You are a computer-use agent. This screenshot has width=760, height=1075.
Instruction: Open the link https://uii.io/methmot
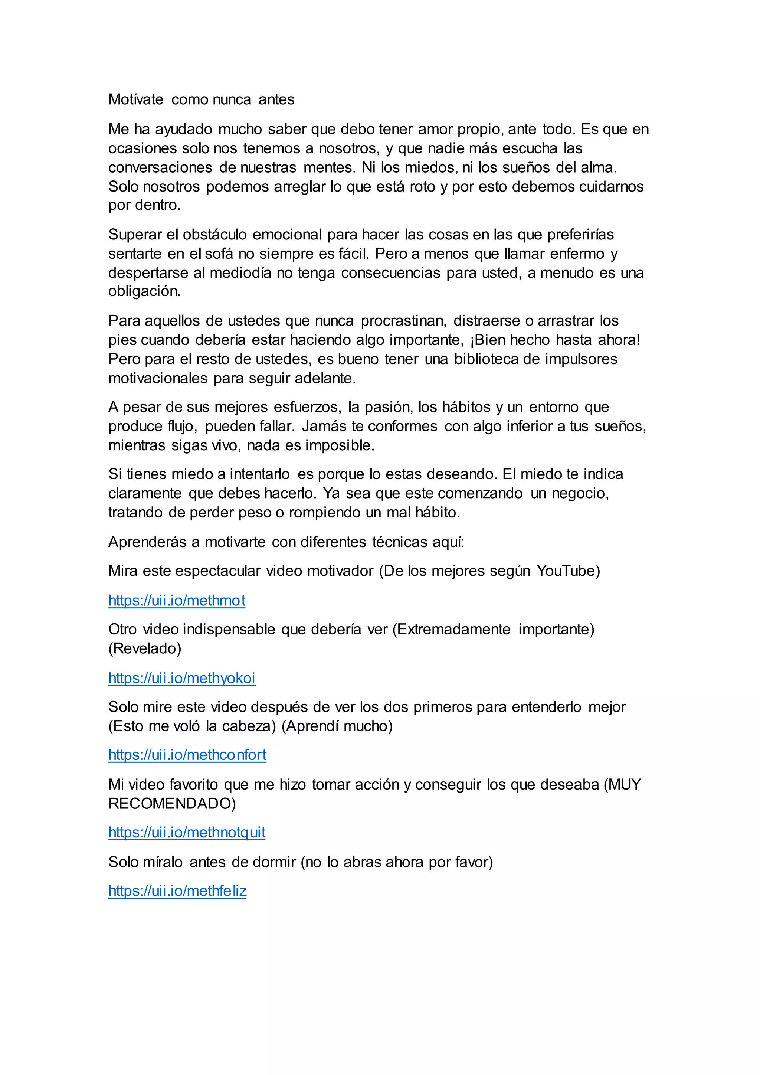[177, 601]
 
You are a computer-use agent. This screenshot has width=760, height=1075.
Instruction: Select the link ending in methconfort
[187, 755]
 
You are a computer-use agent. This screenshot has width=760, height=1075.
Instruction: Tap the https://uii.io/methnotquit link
[187, 833]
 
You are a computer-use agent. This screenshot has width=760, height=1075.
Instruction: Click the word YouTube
[568, 571]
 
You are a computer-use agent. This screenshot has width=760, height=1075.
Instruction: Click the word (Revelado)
[145, 648]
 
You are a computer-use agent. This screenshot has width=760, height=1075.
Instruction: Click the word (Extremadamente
[451, 629]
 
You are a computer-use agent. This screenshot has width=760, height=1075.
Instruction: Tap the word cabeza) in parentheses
[249, 726]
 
